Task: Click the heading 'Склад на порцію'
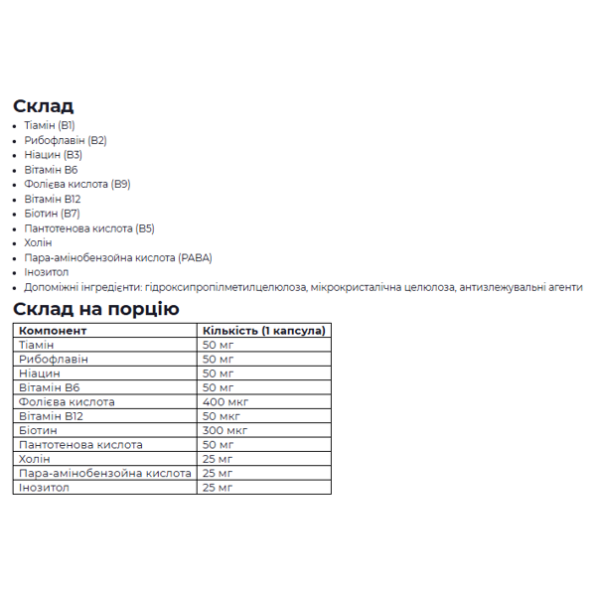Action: coord(96,308)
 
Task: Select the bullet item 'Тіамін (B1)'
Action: coord(49,125)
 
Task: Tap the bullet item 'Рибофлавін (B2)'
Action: coord(65,140)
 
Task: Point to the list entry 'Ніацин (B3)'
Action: coord(53,155)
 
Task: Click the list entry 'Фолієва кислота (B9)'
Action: coord(76,184)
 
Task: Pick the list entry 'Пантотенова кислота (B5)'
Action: coord(88,227)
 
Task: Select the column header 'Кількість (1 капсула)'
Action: coord(263,330)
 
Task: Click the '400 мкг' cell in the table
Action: coord(225,401)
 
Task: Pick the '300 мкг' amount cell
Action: coord(225,430)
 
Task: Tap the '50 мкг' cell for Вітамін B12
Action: coord(223,416)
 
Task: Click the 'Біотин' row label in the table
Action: coord(37,430)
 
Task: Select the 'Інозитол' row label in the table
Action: coord(44,488)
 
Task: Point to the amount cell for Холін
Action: coord(218,459)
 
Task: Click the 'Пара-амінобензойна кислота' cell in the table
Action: coord(104,473)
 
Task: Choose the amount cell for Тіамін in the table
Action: coord(218,344)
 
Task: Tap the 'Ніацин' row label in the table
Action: coord(40,372)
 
